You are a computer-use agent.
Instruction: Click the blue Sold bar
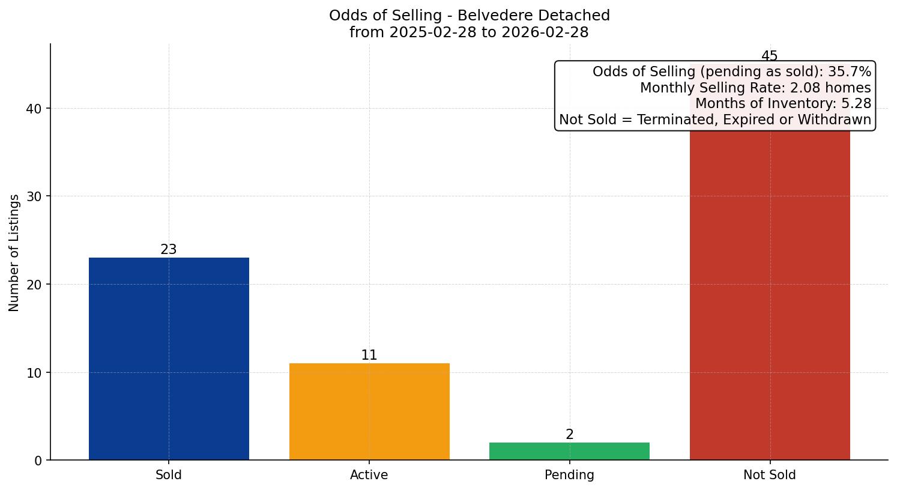click(x=169, y=358)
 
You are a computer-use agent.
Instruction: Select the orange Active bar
click(x=369, y=411)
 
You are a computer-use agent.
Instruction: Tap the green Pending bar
click(x=569, y=451)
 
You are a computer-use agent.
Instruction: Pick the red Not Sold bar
click(x=770, y=294)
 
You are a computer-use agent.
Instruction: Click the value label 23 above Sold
click(x=169, y=249)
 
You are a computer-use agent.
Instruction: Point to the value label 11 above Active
click(x=369, y=355)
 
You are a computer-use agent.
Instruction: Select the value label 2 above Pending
click(x=569, y=434)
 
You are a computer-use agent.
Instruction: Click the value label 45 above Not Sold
click(x=770, y=56)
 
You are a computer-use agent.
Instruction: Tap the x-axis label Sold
click(x=169, y=475)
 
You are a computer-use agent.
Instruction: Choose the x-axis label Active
click(x=369, y=475)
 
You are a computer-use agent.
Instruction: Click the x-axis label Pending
click(x=569, y=475)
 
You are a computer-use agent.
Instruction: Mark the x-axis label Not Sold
click(x=770, y=475)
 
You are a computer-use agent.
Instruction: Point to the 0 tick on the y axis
click(x=38, y=461)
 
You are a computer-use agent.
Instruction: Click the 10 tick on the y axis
click(x=34, y=372)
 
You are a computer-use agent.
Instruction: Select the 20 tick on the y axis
click(x=34, y=285)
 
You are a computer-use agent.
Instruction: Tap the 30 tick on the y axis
click(x=34, y=196)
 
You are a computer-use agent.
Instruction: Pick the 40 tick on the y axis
click(x=34, y=109)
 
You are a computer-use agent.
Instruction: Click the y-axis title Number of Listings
click(x=14, y=252)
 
